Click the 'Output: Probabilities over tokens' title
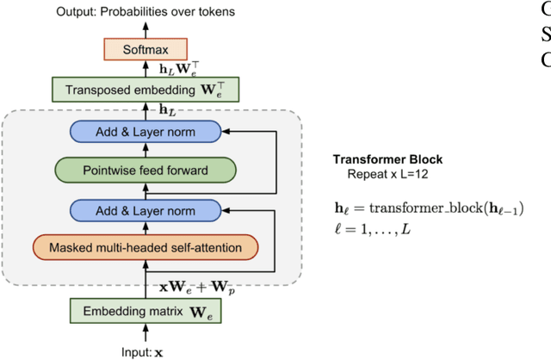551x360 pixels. click(x=145, y=12)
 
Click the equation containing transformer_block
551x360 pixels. click(x=429, y=208)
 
